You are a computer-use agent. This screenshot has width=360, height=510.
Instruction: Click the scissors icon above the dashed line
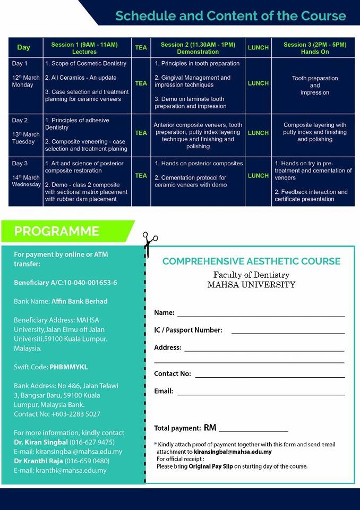(x=150, y=243)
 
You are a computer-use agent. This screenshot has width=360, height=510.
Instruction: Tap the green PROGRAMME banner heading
(x=57, y=231)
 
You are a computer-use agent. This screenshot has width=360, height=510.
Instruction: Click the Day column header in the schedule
(x=24, y=47)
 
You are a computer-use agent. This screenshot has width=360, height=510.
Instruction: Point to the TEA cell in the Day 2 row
(x=141, y=133)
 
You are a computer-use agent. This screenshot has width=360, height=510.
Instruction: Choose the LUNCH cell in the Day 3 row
(x=258, y=175)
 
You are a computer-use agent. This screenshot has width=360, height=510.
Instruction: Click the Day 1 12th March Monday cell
(x=25, y=78)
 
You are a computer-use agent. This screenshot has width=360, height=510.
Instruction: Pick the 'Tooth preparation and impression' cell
(x=314, y=85)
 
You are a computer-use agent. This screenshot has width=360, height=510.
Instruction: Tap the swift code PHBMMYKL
(x=68, y=367)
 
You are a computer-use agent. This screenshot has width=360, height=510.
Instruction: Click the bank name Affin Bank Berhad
(x=79, y=301)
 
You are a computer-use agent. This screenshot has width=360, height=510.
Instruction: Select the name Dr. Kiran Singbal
(x=41, y=442)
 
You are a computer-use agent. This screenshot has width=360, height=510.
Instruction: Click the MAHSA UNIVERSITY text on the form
(x=251, y=284)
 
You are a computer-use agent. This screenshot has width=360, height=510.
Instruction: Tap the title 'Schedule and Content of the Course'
(x=230, y=16)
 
